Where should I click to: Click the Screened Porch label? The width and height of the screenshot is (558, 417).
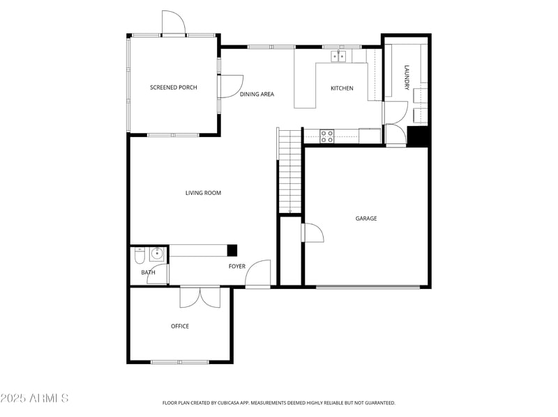click(174, 88)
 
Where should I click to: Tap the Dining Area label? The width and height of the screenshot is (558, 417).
click(257, 94)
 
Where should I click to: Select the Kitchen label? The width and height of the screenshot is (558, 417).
click(342, 88)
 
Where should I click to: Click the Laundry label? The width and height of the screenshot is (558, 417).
click(407, 77)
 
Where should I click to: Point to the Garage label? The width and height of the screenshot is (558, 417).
click(366, 219)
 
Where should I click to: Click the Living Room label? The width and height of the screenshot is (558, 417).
click(203, 193)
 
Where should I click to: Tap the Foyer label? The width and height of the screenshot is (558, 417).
click(237, 267)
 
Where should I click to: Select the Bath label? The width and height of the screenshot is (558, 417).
click(148, 272)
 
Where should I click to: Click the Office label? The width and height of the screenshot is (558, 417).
click(180, 326)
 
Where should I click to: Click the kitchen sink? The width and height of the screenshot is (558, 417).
click(338, 56)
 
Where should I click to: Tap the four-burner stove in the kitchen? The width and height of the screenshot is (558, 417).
click(326, 136)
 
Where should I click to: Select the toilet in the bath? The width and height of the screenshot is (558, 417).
click(139, 258)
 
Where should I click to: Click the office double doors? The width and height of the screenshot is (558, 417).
click(200, 297)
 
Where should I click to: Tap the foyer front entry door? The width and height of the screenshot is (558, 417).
click(258, 273)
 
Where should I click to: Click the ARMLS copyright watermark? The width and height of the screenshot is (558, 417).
click(35, 398)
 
